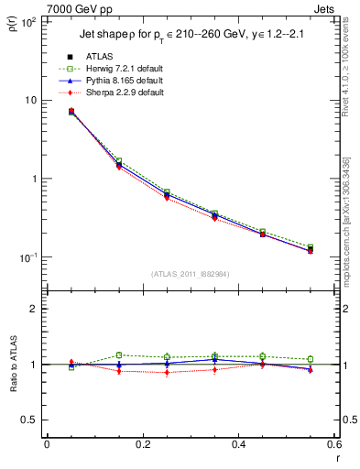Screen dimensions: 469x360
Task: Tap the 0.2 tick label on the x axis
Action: point(142,444)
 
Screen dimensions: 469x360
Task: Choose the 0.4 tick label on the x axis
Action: point(238,444)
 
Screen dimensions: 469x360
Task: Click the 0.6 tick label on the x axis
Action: point(333,444)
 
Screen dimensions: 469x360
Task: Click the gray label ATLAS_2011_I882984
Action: point(190,274)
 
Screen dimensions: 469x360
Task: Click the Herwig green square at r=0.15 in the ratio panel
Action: point(119,354)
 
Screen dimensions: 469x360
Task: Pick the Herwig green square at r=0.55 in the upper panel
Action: point(310,247)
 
